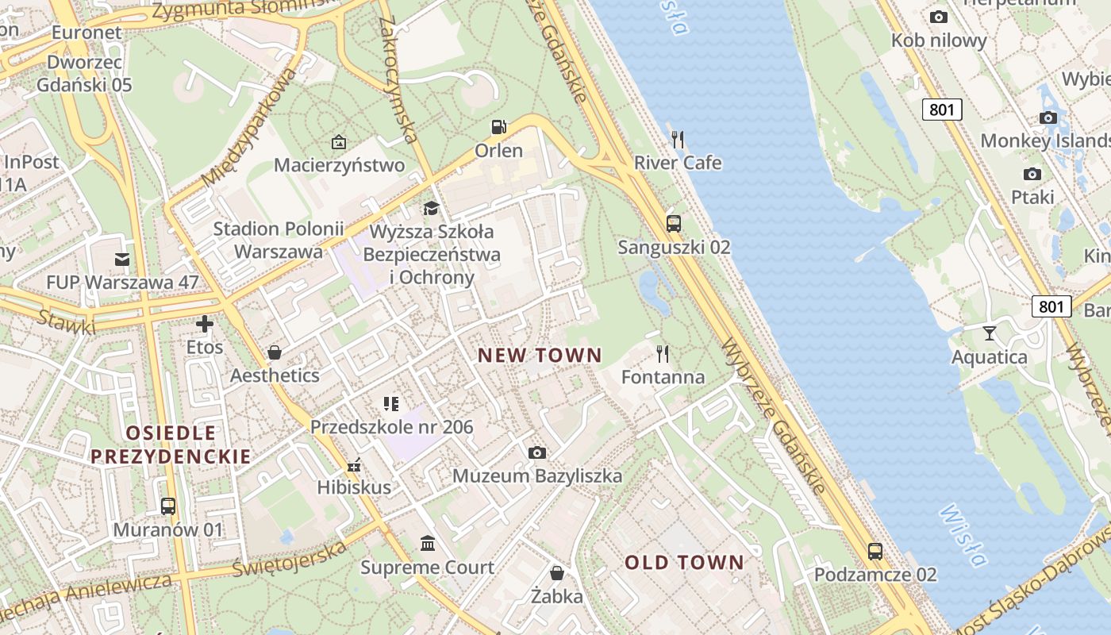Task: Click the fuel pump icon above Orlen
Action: [x=498, y=127]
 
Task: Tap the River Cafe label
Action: [x=678, y=163]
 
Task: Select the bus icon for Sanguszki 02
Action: [x=674, y=224]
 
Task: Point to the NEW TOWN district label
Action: [x=540, y=356]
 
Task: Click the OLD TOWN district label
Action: [x=684, y=563]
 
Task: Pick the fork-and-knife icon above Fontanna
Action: [x=662, y=353]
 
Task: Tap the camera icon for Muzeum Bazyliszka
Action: [x=537, y=452]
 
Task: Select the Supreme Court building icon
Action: [x=428, y=544]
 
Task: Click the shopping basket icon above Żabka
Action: [x=557, y=572]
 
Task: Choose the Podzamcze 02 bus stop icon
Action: [x=875, y=551]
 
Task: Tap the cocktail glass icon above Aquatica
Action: [x=989, y=333]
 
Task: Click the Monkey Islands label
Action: [x=1045, y=141]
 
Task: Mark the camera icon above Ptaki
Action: [x=1032, y=174]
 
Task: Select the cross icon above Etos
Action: [x=205, y=324]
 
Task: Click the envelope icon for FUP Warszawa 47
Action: [x=122, y=259]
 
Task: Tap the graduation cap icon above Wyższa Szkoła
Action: [x=431, y=208]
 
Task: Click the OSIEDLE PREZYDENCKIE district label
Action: [x=170, y=444]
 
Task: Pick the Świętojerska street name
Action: [x=290, y=559]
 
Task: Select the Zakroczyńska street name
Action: [x=398, y=79]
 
